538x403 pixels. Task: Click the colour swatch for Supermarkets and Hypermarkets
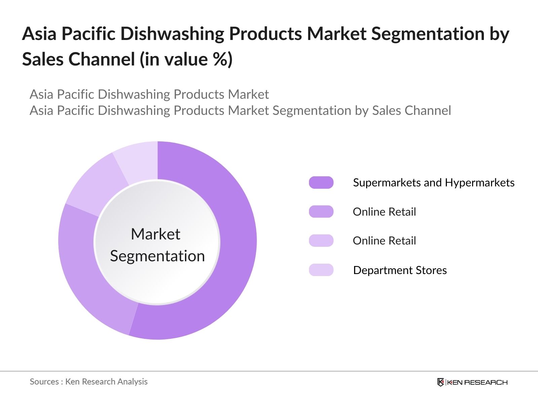[321, 182]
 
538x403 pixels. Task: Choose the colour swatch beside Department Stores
[321, 270]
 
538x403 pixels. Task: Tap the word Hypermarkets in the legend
[479, 183]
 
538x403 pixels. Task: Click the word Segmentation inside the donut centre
[157, 256]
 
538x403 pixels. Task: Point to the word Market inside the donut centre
[156, 234]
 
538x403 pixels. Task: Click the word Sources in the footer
[44, 382]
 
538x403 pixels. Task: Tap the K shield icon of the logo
[440, 382]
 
